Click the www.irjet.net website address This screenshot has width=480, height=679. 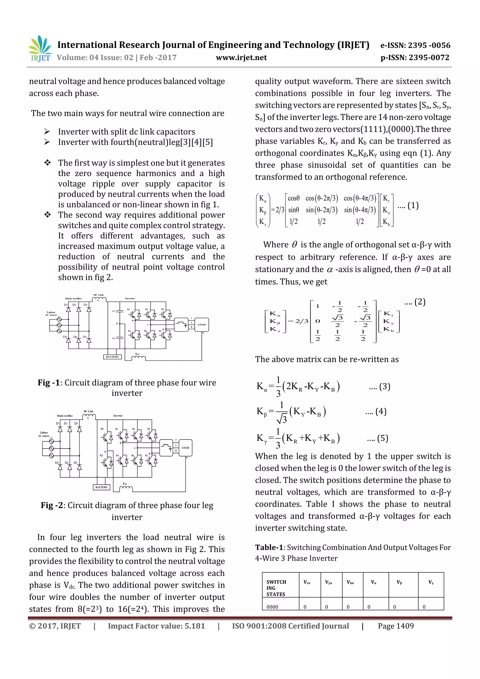(x=241, y=58)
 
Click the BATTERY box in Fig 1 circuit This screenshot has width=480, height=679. (x=112, y=357)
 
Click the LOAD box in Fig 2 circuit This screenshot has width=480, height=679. (x=185, y=448)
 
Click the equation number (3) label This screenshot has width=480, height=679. (x=384, y=386)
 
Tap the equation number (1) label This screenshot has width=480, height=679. (x=413, y=205)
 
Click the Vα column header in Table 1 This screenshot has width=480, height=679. (x=374, y=582)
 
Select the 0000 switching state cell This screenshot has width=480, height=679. (x=272, y=607)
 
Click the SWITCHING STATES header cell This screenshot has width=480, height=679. (x=276, y=588)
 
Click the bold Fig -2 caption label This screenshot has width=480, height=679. (x=52, y=505)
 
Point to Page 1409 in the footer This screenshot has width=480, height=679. (x=396, y=626)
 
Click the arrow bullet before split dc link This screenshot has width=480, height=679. (x=47, y=131)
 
